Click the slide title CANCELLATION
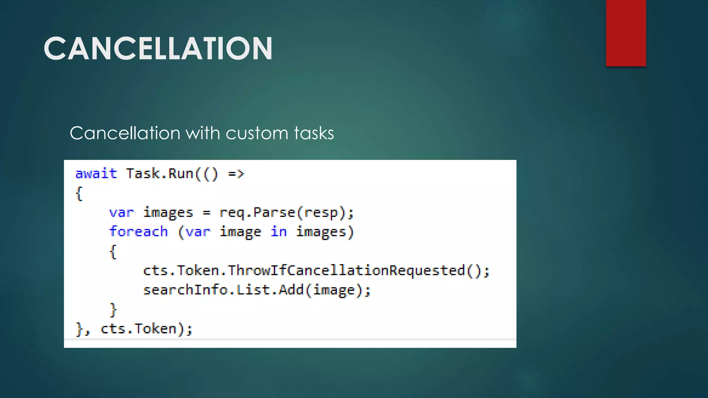[158, 49]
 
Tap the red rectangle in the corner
[626, 33]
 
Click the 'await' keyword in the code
[96, 173]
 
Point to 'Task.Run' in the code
[159, 173]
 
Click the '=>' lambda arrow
[236, 173]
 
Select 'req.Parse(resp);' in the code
[287, 212]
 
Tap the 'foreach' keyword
[138, 232]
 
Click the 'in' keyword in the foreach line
[279, 232]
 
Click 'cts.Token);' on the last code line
[146, 329]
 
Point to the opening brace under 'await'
[79, 193]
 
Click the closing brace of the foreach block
[113, 310]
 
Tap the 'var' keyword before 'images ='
[121, 212]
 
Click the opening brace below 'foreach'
[113, 252]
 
